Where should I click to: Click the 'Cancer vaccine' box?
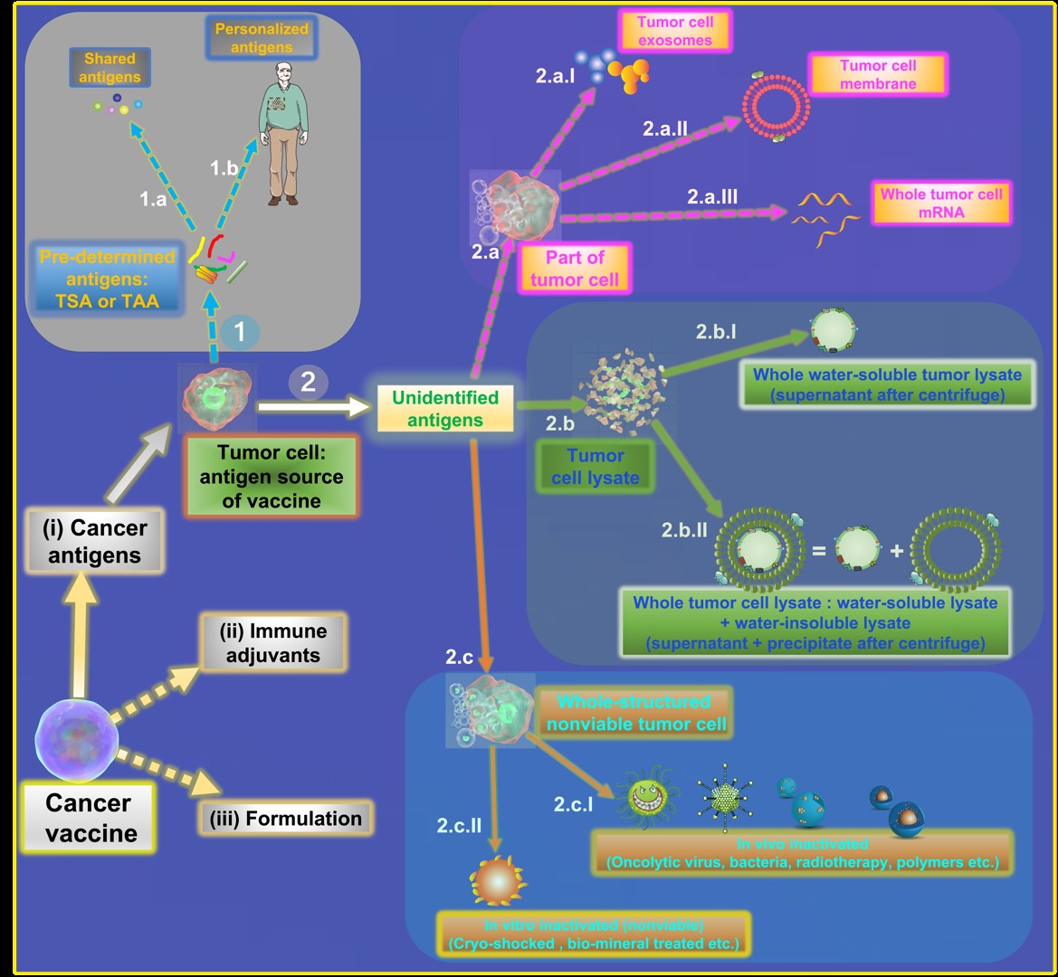88,817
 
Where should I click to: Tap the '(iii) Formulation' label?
285,819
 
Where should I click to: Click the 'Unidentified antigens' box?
445,408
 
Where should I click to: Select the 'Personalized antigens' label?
262,38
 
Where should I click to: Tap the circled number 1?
239,332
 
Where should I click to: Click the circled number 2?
308,382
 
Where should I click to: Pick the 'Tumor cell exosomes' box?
674,32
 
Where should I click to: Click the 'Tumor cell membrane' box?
877,74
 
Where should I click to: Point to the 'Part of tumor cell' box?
574,269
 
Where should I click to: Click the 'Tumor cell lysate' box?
595,467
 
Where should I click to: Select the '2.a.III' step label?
712,194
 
